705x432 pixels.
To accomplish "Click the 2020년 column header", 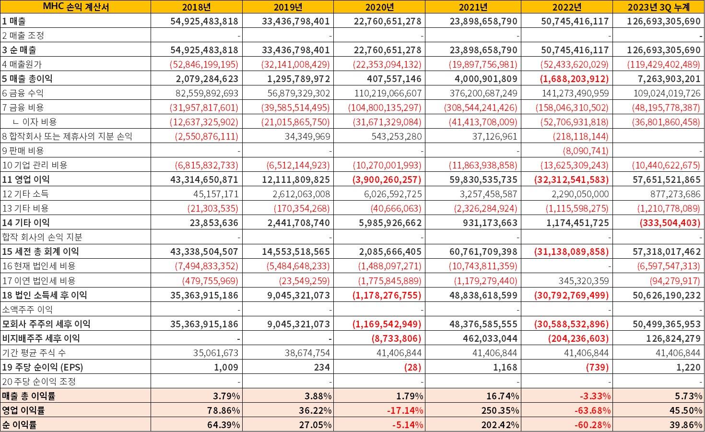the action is (379, 7).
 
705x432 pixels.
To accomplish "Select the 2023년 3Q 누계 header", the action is (658, 7).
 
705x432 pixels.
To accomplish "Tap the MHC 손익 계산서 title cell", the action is (76, 7).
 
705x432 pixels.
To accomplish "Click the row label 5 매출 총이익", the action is (27, 78).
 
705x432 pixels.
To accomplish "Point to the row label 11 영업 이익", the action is (26, 180).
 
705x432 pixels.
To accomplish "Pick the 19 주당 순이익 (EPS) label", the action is (43, 367).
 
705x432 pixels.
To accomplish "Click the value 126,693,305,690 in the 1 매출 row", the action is (663, 21).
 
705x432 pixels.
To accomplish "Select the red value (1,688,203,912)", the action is (574, 79).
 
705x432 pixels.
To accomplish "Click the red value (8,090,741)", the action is (586, 151).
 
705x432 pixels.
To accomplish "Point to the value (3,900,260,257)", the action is (387, 180).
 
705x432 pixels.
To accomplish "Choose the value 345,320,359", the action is (584, 281).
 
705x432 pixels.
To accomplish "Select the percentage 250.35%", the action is (500, 410).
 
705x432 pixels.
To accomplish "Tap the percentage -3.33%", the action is (595, 396).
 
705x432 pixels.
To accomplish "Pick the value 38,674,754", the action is (307, 353).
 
